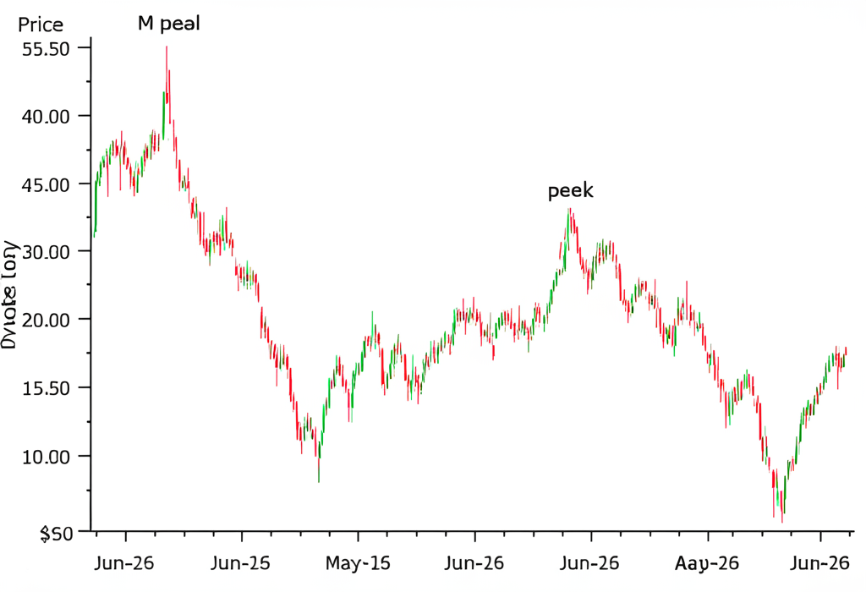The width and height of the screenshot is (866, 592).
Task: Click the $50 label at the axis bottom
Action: tap(57, 534)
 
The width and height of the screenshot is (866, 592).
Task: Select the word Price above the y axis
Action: tap(40, 25)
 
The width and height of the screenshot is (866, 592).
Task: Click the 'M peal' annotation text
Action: tap(169, 24)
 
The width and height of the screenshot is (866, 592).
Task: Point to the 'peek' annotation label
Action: tap(571, 191)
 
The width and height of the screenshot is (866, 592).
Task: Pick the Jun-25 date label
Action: tap(241, 562)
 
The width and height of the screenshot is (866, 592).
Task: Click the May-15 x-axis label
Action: tap(358, 562)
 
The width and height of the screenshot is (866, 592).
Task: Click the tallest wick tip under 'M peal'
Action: tap(167, 47)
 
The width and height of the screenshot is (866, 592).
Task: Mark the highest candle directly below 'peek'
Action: tap(570, 210)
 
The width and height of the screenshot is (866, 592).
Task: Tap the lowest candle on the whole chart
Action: tap(782, 521)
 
